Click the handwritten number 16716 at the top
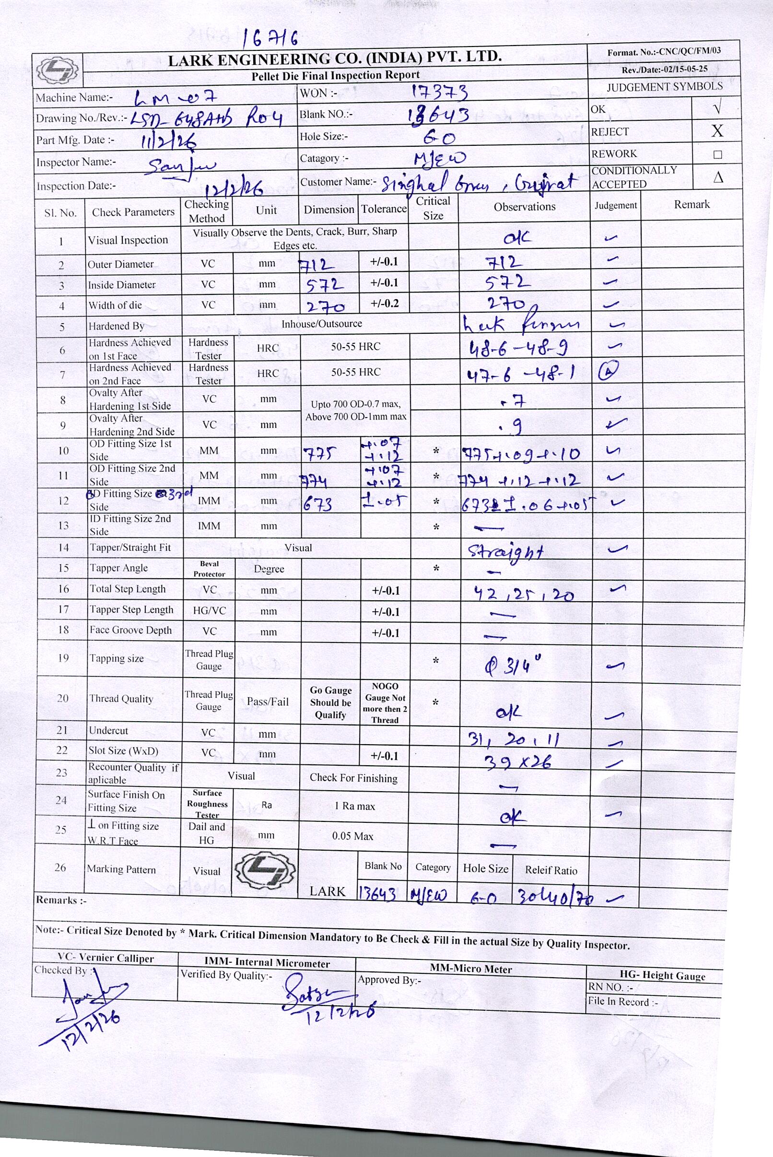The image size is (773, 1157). point(270,38)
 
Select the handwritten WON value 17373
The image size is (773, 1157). point(439,92)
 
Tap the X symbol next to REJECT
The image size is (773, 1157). point(717,130)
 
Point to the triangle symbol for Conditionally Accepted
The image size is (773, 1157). point(718,177)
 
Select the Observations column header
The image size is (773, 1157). point(524,207)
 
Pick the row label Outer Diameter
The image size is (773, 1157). point(120,264)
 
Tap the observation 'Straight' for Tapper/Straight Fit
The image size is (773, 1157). point(505,550)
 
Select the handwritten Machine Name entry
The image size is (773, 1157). point(176,98)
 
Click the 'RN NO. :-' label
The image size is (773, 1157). point(610,986)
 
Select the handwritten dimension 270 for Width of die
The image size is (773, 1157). point(326,306)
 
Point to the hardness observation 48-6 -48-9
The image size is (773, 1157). point(517,349)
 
